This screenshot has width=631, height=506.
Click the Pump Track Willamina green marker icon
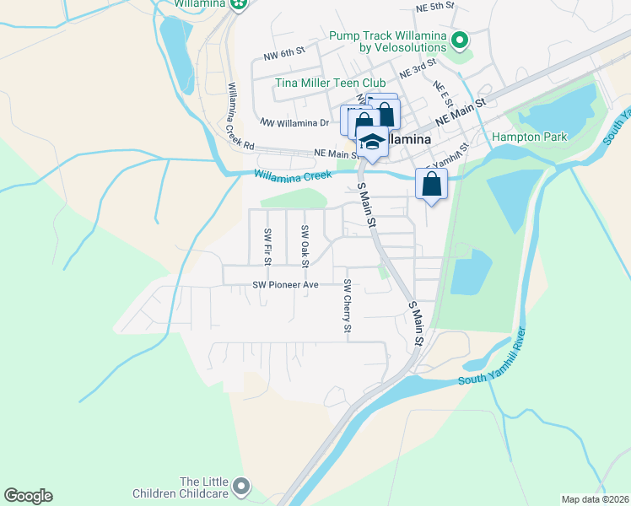(x=460, y=40)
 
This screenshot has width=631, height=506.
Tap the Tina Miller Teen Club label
(x=330, y=83)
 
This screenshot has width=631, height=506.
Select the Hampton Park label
(x=529, y=137)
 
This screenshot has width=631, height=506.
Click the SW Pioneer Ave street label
(x=285, y=285)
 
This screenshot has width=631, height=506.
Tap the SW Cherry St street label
(x=347, y=306)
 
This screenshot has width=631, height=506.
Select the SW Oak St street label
(x=305, y=243)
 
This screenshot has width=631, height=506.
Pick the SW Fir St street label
(x=267, y=246)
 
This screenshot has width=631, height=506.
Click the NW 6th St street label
(x=283, y=55)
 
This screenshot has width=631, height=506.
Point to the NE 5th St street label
(x=435, y=6)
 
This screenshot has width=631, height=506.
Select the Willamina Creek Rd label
(x=240, y=116)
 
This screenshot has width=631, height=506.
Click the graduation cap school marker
(x=371, y=141)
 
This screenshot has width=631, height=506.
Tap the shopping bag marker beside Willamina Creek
(x=431, y=183)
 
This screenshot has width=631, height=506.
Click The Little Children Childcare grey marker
(x=242, y=486)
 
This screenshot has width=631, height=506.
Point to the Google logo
(x=28, y=496)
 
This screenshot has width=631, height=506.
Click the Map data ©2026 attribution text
(x=595, y=499)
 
